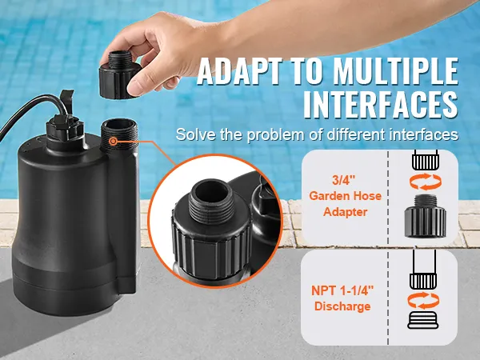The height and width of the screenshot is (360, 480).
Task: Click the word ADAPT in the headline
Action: (239, 72)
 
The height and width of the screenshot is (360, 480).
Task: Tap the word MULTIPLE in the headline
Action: (395, 72)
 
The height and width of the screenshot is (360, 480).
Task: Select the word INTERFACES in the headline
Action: (381, 104)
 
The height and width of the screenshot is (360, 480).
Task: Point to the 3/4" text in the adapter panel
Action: (344, 180)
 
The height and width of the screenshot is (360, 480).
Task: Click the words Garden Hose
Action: (346, 196)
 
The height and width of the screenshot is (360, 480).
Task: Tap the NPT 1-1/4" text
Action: (342, 290)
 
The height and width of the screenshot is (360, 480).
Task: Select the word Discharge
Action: (342, 306)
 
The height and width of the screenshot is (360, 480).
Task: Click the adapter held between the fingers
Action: (118, 75)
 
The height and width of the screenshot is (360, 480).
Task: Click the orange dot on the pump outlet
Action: (114, 141)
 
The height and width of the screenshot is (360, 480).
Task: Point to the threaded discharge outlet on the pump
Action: (119, 134)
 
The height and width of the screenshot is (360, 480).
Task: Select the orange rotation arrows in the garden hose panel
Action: (426, 182)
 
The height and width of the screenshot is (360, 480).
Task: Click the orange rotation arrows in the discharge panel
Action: (424, 300)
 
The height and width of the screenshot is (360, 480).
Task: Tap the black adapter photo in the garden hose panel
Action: (426, 216)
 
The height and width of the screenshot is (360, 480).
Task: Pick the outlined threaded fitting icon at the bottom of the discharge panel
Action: (423, 320)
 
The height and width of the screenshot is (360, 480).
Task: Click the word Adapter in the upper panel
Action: (346, 212)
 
